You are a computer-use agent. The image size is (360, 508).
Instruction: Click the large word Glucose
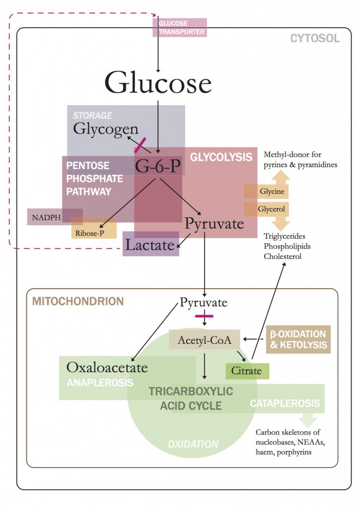click(158, 82)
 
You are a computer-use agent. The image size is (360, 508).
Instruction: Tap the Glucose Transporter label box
click(179, 27)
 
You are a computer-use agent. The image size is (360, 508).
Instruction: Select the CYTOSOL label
click(315, 38)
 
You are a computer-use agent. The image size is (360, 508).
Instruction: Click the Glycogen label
click(106, 128)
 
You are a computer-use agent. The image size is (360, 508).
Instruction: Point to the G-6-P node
click(158, 166)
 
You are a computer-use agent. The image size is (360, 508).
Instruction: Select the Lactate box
click(150, 244)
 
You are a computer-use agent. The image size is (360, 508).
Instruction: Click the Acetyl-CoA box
click(205, 339)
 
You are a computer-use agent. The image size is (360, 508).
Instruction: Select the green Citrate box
click(247, 371)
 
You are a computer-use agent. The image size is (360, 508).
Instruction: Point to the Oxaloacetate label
click(107, 368)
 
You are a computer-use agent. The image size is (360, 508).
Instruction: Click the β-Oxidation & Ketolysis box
click(298, 339)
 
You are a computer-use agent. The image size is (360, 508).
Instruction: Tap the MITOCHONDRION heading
click(77, 301)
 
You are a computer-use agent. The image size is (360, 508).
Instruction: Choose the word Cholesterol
click(283, 256)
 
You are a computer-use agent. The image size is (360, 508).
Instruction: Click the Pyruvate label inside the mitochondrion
click(204, 302)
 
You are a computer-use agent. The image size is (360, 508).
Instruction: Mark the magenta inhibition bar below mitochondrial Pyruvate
click(204, 316)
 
